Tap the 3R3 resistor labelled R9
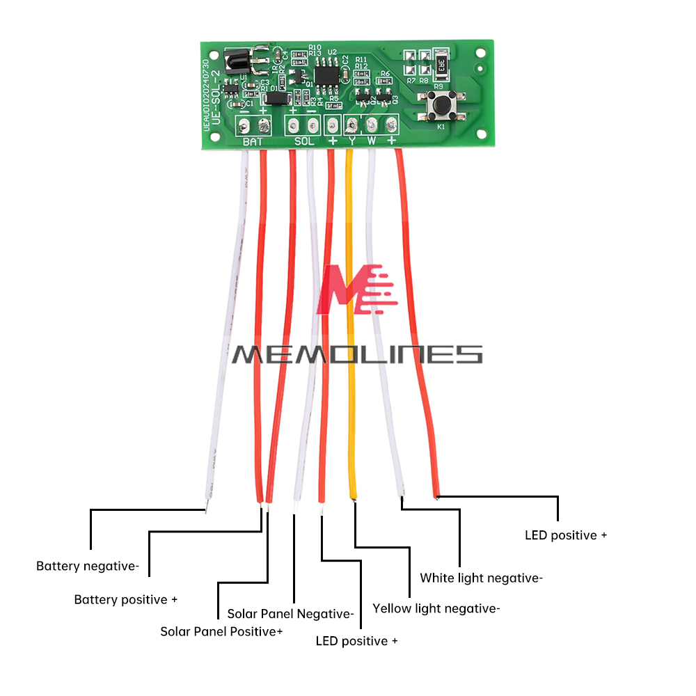(441, 65)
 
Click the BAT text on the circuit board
(253, 142)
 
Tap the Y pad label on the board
(352, 141)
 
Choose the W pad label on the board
(372, 141)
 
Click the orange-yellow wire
(351, 327)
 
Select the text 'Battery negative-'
(88, 567)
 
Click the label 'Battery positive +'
(126, 599)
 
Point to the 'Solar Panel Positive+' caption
(221, 631)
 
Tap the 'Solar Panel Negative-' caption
(290, 614)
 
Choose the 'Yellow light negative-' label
(436, 608)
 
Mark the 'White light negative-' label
(481, 578)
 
